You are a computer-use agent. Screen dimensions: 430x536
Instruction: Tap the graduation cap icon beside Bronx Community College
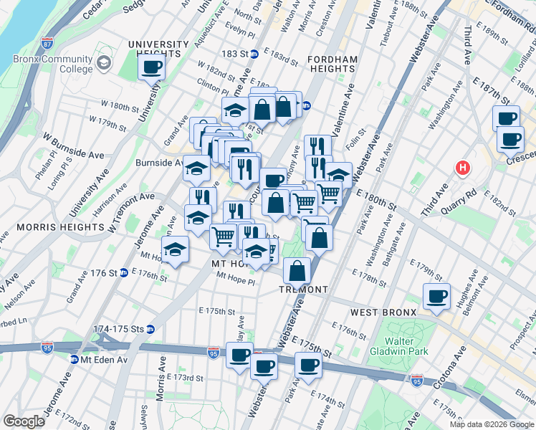click(x=104, y=64)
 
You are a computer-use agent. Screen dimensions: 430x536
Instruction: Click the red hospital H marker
click(x=463, y=168)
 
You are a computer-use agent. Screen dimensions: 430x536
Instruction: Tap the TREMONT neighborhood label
click(x=304, y=290)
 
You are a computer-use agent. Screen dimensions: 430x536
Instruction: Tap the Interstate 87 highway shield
click(x=48, y=43)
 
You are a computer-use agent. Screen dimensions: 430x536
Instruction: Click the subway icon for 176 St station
click(x=123, y=273)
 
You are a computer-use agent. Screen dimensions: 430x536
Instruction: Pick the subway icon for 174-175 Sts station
click(x=150, y=329)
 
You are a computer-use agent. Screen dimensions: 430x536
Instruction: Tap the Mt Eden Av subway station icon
click(x=74, y=359)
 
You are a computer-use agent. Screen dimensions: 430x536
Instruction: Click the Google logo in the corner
click(x=24, y=421)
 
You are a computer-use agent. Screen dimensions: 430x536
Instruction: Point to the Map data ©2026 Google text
click(x=491, y=424)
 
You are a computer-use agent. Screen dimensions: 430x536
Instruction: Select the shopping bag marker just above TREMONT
click(x=297, y=271)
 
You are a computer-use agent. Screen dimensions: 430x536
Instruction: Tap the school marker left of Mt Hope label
click(x=174, y=250)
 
